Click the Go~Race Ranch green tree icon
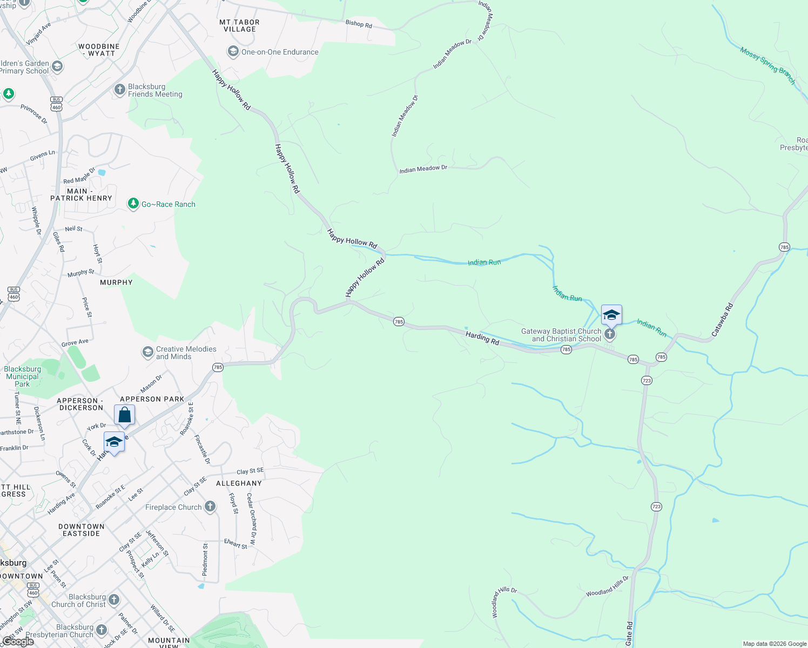pyautogui.click(x=133, y=204)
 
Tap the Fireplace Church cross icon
pyautogui.click(x=210, y=507)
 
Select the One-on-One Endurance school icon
pyautogui.click(x=233, y=52)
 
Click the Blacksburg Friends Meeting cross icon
pyautogui.click(x=120, y=90)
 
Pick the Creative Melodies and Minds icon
pyautogui.click(x=147, y=353)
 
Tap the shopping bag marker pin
pyautogui.click(x=124, y=415)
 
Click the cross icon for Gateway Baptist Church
pyautogui.click(x=609, y=334)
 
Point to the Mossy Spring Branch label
pyautogui.click(x=767, y=66)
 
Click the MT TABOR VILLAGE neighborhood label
pyautogui.click(x=239, y=26)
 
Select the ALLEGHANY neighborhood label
pyautogui.click(x=239, y=483)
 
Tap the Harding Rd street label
pyautogui.click(x=482, y=338)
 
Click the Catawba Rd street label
pyautogui.click(x=722, y=320)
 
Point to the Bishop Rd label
pyautogui.click(x=359, y=24)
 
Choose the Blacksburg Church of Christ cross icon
pyautogui.click(x=113, y=599)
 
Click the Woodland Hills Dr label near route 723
pyautogui.click(x=608, y=586)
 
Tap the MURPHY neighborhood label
pyautogui.click(x=116, y=282)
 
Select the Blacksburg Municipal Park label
pyautogui.click(x=22, y=376)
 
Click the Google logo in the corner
pyautogui.click(x=18, y=642)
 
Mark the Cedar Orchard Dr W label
pyautogui.click(x=252, y=518)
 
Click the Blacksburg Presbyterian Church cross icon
pyautogui.click(x=102, y=630)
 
